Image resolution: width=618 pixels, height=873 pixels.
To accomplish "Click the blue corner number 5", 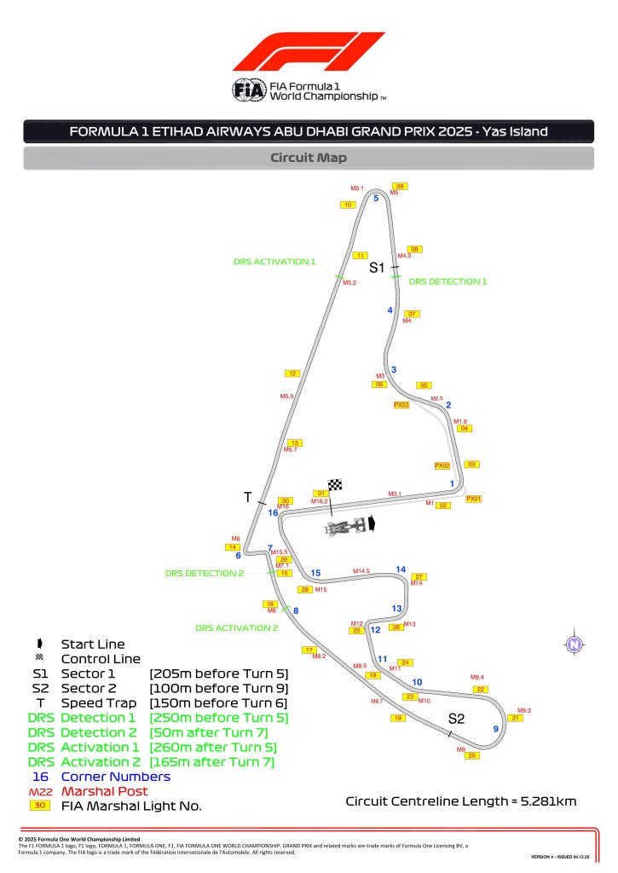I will click(376, 198).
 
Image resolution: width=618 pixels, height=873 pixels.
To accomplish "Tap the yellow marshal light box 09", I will click(400, 186).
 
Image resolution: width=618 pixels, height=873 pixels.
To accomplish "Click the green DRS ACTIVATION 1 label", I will click(274, 262).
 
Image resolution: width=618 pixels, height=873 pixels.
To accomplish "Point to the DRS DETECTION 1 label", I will click(448, 280).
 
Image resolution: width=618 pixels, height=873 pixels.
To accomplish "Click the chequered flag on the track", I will click(335, 485).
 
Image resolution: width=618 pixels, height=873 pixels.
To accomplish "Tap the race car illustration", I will click(349, 527).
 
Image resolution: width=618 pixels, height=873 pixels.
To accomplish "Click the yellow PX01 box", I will click(474, 499).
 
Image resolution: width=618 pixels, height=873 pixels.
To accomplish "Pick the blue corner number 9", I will click(496, 729).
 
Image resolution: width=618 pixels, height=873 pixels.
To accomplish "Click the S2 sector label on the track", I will click(456, 720).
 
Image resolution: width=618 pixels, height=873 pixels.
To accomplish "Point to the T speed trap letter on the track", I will click(248, 497).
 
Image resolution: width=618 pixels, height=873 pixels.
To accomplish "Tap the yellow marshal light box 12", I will click(292, 373).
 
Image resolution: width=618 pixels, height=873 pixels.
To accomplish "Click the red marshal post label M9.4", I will click(477, 677).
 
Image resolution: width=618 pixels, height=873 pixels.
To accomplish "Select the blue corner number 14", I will click(401, 569).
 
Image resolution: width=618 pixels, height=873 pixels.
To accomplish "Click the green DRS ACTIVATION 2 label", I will click(237, 628).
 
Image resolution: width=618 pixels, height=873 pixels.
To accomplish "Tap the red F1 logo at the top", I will click(309, 53).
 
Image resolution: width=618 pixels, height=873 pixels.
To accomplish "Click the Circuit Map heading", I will click(309, 158).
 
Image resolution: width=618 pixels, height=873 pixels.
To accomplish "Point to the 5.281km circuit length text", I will click(461, 801).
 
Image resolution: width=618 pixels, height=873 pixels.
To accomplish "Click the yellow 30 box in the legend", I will click(40, 805).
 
